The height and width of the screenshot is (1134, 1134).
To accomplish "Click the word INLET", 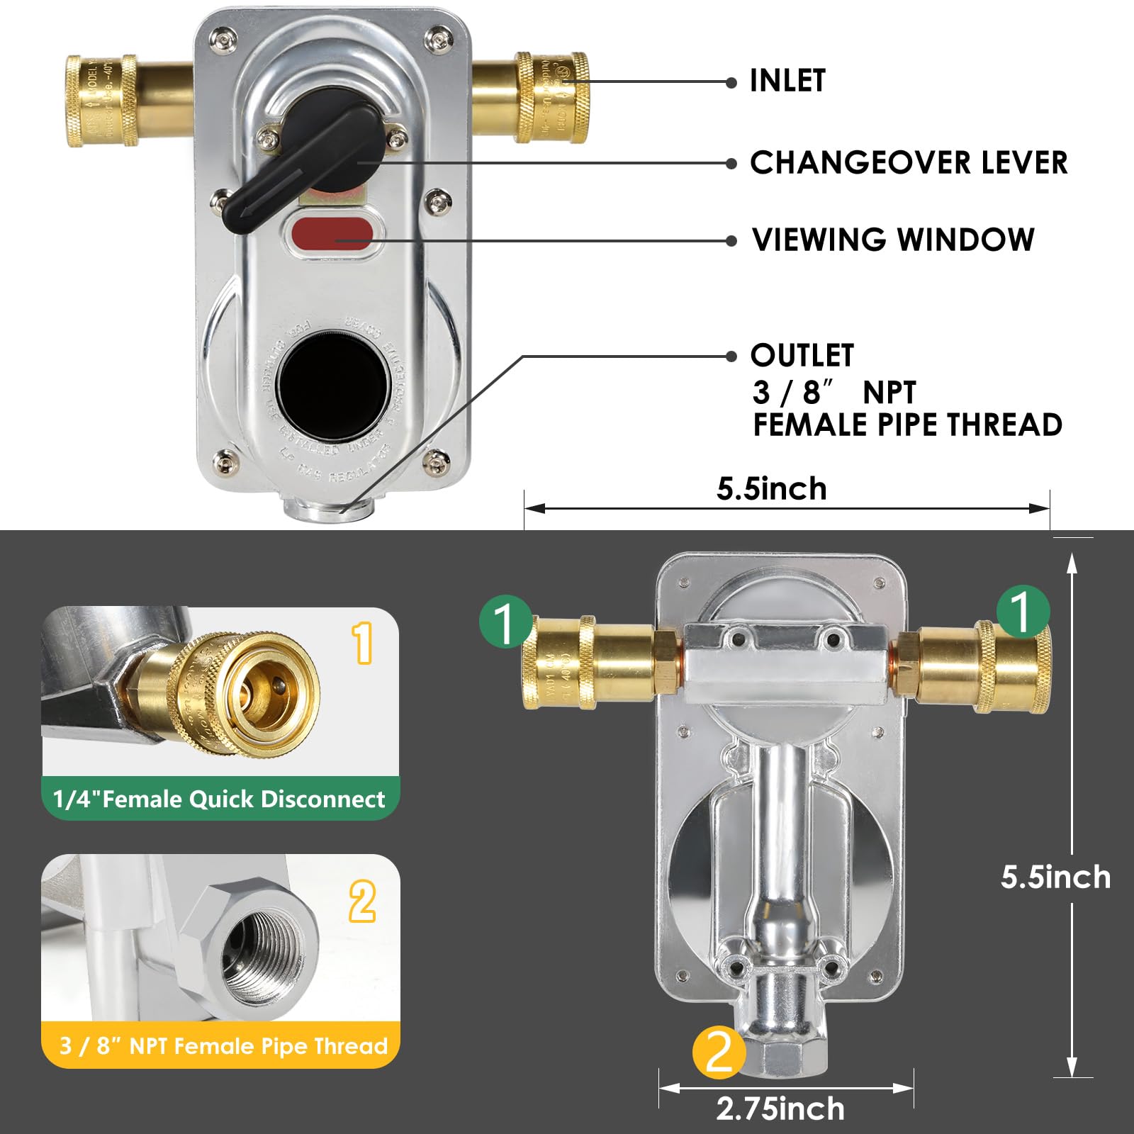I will [x=787, y=81].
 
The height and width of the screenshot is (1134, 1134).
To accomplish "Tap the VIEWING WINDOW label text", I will [x=893, y=240].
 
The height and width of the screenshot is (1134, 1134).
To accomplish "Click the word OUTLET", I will [x=802, y=356].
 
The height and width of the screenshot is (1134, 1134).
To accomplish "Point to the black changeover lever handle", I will [x=312, y=159].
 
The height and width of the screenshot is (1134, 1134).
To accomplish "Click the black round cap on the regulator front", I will [x=333, y=383].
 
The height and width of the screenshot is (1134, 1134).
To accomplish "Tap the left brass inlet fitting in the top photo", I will [x=103, y=101].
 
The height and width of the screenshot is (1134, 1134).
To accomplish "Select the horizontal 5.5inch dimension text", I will [x=771, y=489].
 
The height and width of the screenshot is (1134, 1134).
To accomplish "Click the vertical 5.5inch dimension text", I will [x=1055, y=877].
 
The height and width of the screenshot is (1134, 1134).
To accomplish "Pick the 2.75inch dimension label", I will [x=780, y=1109].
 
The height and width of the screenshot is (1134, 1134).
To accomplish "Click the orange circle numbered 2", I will [x=719, y=1052].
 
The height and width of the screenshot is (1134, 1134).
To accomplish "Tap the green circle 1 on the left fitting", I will [x=505, y=622].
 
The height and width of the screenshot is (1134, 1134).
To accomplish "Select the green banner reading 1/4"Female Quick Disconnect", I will [x=220, y=799].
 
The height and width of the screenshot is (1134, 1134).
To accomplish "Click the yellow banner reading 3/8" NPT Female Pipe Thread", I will [x=223, y=1046].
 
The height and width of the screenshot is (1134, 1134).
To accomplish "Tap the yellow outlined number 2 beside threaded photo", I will [x=362, y=901].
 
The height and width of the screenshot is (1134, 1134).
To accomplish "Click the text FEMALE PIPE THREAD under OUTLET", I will [x=907, y=425].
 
